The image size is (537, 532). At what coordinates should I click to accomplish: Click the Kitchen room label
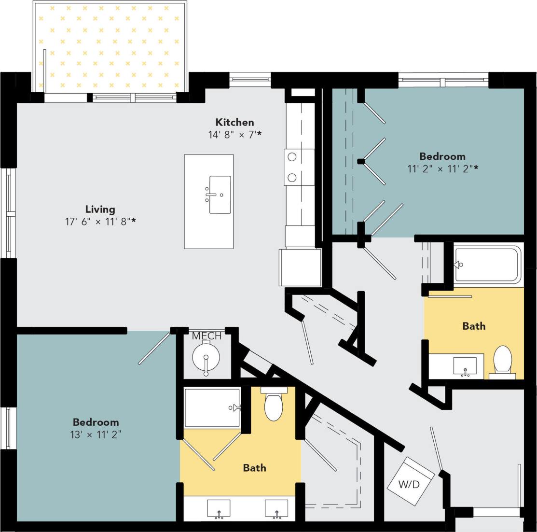point(234,122)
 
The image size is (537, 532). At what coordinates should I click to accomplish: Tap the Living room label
point(100,209)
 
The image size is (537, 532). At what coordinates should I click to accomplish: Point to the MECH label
point(207,336)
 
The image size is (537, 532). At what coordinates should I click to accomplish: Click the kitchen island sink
point(220,195)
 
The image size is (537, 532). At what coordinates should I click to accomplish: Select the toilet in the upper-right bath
point(503,360)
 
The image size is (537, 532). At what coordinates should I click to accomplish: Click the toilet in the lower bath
point(274,406)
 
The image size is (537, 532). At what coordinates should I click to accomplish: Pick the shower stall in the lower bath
point(212,408)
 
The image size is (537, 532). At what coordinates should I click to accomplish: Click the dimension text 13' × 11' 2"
point(96,434)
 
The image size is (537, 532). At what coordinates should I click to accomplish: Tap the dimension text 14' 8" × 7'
point(234,135)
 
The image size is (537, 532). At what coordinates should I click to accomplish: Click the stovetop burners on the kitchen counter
point(292,167)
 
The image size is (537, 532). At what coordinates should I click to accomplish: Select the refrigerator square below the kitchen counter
point(300,267)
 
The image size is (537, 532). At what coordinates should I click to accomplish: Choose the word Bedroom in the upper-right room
point(442,156)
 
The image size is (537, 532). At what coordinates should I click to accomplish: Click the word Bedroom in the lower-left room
point(96,422)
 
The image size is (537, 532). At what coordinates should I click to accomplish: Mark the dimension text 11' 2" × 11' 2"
point(442,168)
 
